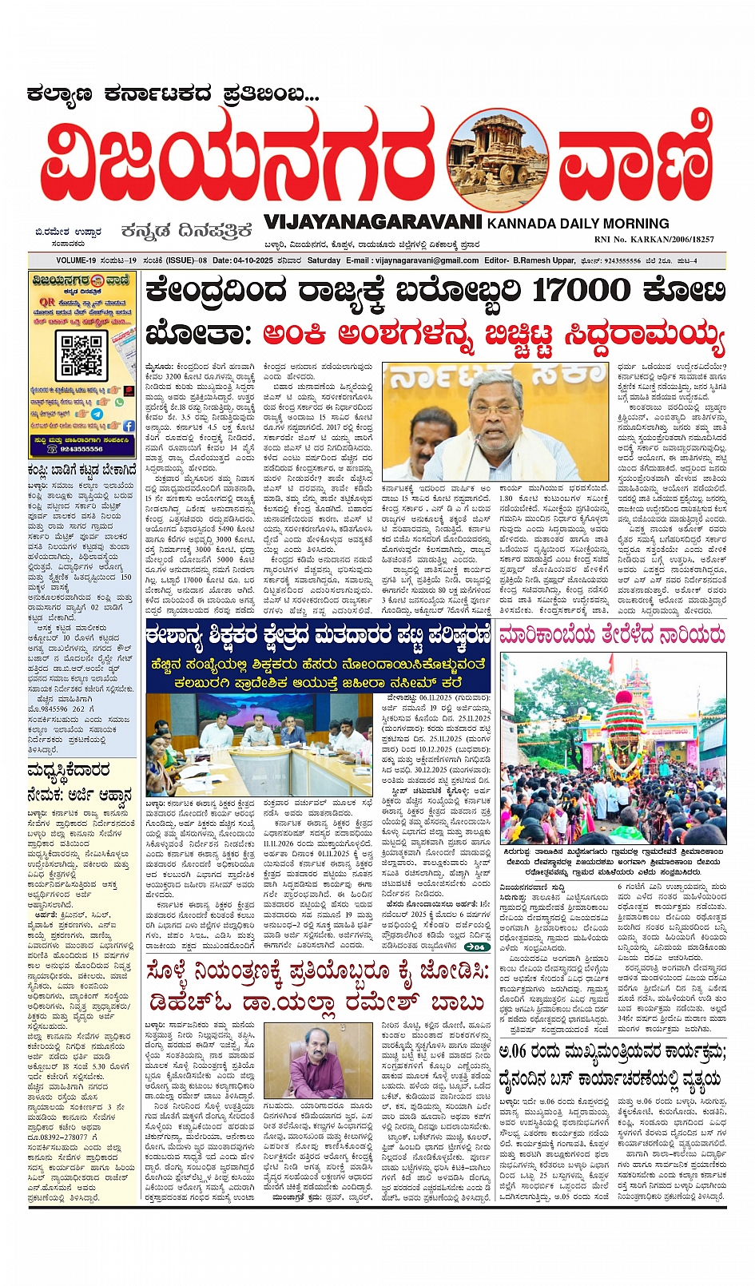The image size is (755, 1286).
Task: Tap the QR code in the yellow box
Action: coord(81,355)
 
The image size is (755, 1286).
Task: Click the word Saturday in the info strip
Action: coord(324,260)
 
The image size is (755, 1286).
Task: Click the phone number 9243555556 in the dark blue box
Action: coord(81,449)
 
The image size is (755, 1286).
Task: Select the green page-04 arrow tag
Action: coord(476,947)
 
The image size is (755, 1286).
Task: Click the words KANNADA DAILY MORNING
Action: coord(578,224)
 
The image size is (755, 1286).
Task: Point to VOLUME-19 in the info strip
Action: coord(76,260)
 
